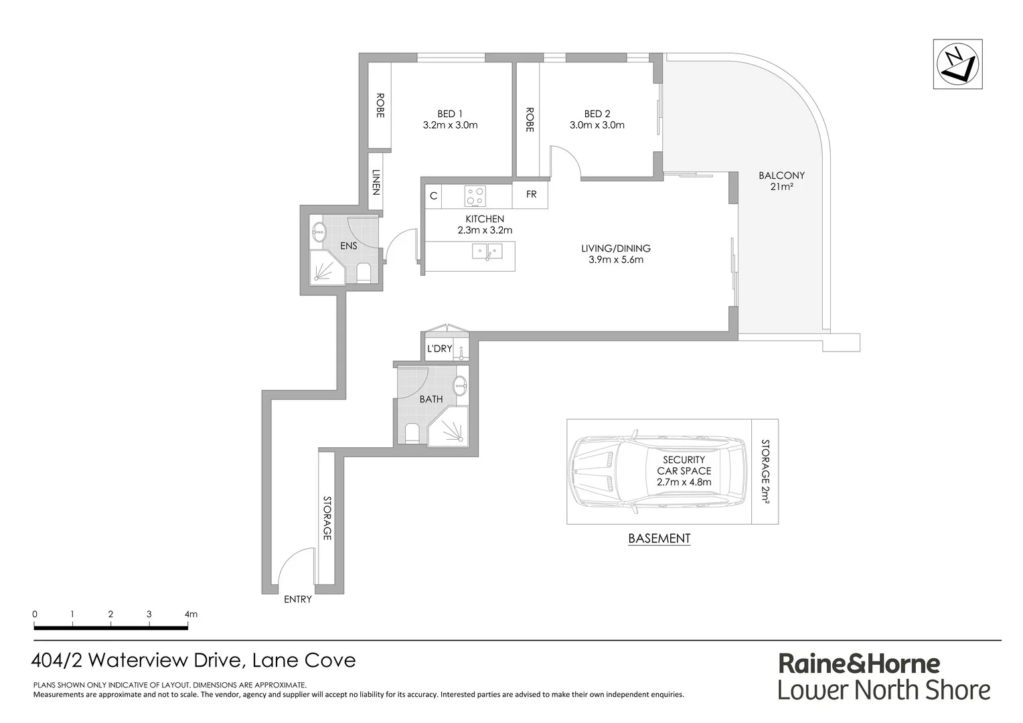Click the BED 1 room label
tap(450, 114)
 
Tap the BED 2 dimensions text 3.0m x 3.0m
tap(597, 125)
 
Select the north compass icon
tap(957, 64)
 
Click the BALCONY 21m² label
tap(781, 181)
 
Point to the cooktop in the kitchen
tap(475, 195)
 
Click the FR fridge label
tap(531, 195)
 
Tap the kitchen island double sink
tap(487, 252)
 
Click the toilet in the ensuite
tap(364, 273)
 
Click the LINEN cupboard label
tap(376, 182)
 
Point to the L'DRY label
tap(440, 349)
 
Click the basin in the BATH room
tap(461, 386)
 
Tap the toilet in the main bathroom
tap(411, 434)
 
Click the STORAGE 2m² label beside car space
tap(765, 471)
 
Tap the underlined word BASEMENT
tap(659, 538)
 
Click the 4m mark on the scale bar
tap(191, 614)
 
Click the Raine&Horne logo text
tap(858, 664)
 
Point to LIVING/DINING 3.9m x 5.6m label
tap(615, 254)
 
